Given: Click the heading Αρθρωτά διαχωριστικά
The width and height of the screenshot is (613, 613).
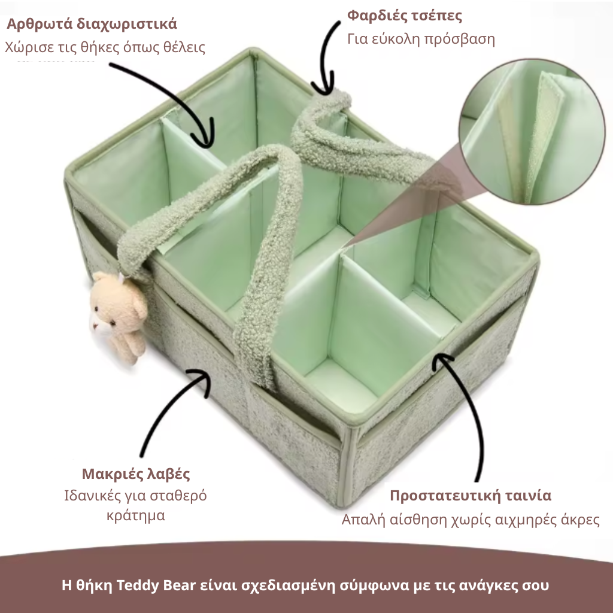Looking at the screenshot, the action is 92,24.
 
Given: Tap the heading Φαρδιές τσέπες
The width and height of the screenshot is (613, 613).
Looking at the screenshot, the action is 405,16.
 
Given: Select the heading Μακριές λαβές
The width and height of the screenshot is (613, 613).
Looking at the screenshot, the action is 136,474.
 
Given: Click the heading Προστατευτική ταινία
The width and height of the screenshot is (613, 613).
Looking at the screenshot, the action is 471,496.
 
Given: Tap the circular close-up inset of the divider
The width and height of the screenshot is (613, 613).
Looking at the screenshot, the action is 532,132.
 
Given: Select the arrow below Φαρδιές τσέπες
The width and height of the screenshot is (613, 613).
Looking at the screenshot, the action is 325,59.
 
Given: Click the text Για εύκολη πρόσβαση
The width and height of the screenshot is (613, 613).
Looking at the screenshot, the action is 421,40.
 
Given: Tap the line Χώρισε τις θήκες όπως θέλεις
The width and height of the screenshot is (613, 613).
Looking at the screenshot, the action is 105,47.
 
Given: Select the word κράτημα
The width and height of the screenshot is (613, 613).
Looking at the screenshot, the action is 136,515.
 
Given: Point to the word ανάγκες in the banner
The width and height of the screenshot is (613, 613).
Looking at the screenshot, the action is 488,586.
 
